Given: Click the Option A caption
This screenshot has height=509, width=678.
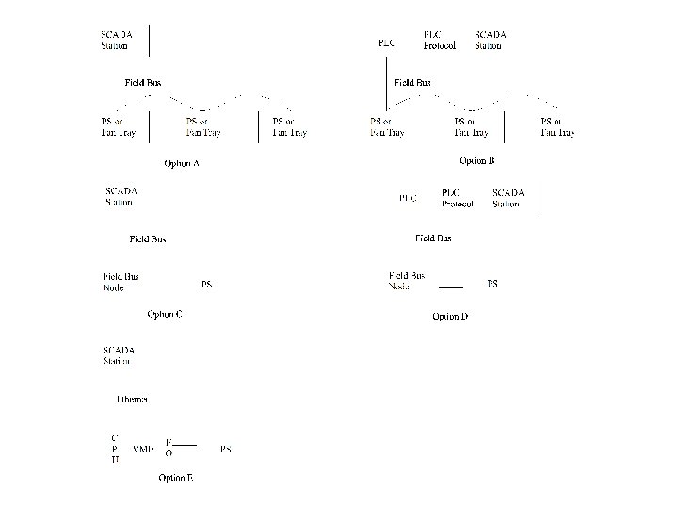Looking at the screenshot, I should [182, 163].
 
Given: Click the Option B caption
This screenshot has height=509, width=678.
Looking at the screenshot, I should [477, 161].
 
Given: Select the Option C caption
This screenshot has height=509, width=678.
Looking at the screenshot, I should [164, 314].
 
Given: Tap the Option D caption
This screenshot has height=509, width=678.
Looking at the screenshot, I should [450, 316].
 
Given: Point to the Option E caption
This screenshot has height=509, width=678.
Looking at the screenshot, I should [176, 478].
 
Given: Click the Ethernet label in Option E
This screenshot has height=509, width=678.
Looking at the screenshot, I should [132, 400].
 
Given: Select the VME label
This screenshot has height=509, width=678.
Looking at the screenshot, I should [143, 449].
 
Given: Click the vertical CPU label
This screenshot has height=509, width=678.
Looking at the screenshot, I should [115, 449].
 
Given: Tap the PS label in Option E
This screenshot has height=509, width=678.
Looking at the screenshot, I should [225, 449].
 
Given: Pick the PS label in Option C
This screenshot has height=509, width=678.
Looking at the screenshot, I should [206, 284].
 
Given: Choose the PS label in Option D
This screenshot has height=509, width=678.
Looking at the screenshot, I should [492, 283].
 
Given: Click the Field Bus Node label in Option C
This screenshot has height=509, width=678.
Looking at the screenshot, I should [121, 282].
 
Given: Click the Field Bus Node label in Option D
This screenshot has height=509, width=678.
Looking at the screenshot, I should [406, 281].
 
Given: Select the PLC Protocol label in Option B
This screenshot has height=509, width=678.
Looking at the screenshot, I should [440, 39].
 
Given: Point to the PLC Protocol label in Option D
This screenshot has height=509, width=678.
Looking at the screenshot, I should [458, 199].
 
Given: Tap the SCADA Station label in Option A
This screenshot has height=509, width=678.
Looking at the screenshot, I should [117, 40].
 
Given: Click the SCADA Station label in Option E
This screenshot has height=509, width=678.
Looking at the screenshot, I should [119, 355].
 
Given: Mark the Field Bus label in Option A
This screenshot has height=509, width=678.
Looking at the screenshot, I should [143, 83].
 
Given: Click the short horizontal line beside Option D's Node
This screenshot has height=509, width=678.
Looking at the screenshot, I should [451, 286].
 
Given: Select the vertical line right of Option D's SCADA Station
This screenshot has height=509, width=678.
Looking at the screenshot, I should [541, 197].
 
